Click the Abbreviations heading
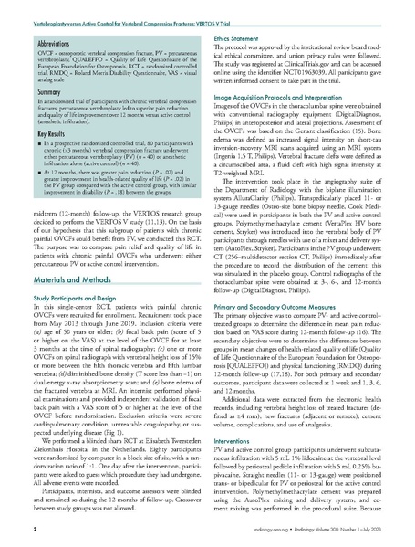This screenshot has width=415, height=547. (57, 42)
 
